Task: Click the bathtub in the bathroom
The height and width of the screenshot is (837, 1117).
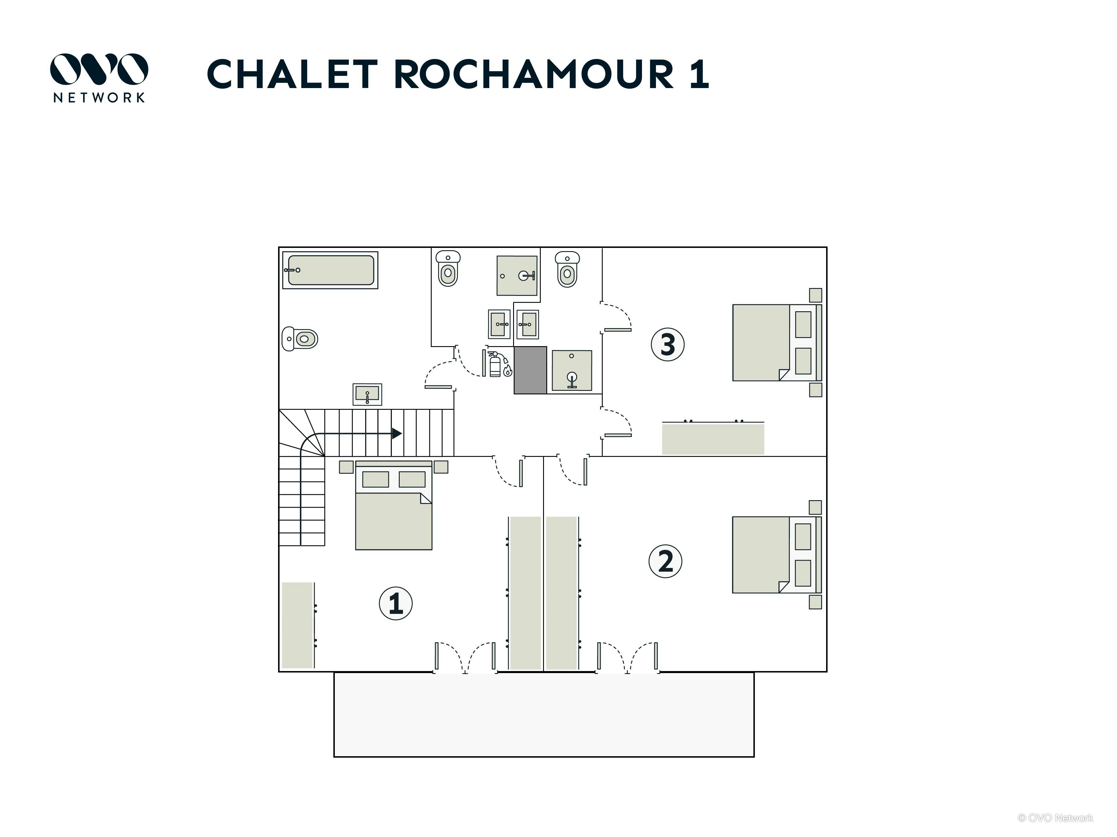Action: pyautogui.click(x=330, y=270)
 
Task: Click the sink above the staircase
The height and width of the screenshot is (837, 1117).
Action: pyautogui.click(x=367, y=394)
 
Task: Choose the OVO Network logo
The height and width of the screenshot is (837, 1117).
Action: pyautogui.click(x=99, y=78)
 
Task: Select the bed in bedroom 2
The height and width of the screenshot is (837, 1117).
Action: pyautogui.click(x=777, y=555)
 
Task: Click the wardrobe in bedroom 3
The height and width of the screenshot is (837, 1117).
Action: pyautogui.click(x=713, y=438)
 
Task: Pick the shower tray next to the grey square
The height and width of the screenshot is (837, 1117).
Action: pyautogui.click(x=572, y=370)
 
